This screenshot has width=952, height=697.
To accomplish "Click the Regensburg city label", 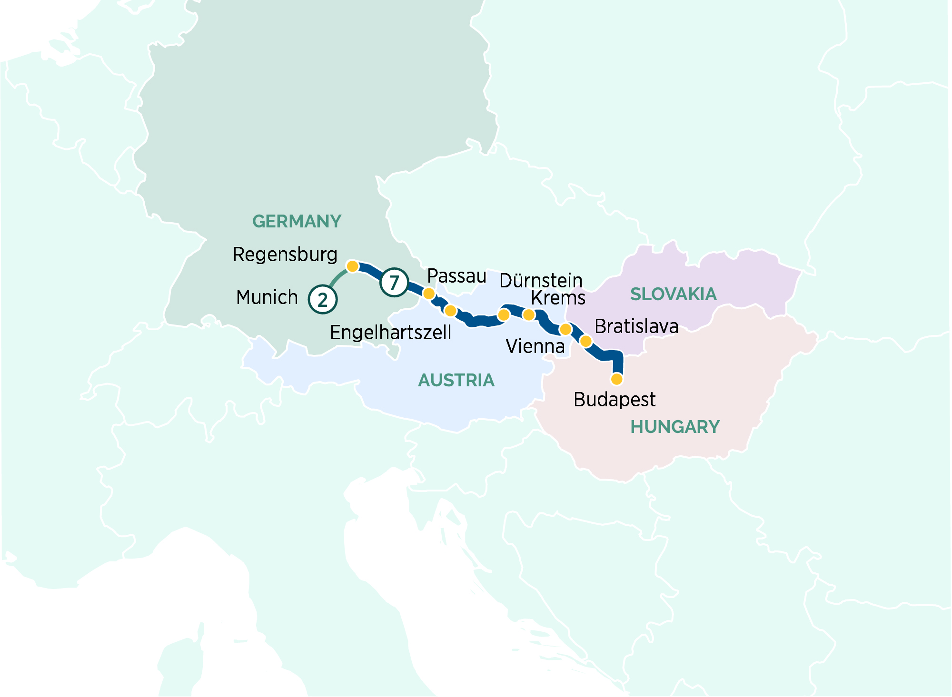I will click(x=285, y=255).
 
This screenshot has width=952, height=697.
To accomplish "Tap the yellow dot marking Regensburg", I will click(x=352, y=266).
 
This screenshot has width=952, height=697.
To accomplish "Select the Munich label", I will click(x=267, y=297).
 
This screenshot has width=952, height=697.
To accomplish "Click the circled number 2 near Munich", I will click(x=323, y=300).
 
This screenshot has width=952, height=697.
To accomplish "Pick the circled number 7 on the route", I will click(x=394, y=283).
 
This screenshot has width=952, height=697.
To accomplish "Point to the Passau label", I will click(x=456, y=276).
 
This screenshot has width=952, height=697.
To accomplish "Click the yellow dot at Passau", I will click(x=429, y=294).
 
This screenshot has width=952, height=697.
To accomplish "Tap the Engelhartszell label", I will click(x=390, y=333).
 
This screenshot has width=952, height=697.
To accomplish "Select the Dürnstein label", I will click(x=541, y=281).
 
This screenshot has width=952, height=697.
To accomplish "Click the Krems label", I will click(x=558, y=298).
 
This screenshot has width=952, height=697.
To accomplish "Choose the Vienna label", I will click(x=535, y=346).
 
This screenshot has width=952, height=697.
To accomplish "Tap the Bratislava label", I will click(x=636, y=327).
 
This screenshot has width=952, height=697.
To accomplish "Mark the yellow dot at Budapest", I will click(x=616, y=379).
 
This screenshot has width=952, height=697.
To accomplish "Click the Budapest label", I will click(x=615, y=400).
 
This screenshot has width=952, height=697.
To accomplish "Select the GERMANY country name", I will click(x=297, y=222).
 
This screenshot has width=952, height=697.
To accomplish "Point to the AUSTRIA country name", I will click(x=456, y=381).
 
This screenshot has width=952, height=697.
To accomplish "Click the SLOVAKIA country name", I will click(x=673, y=295).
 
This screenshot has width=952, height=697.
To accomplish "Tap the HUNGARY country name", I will click(x=675, y=427).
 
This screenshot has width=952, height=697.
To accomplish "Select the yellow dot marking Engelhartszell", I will click(x=450, y=311).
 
